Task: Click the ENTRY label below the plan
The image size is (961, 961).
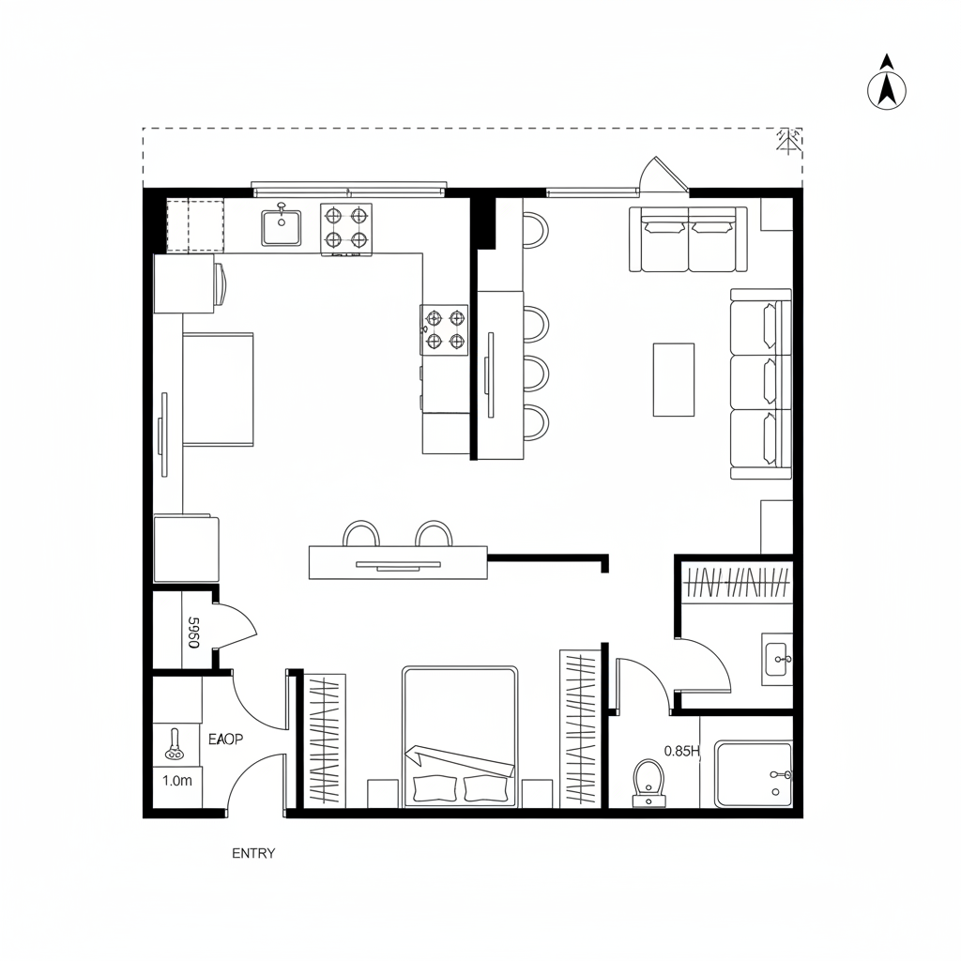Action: (x=253, y=853)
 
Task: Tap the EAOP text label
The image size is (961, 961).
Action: (x=225, y=740)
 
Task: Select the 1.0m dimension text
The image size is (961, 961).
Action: (x=176, y=780)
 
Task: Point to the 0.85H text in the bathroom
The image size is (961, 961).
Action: (x=682, y=751)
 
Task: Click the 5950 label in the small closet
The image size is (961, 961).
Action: (x=193, y=632)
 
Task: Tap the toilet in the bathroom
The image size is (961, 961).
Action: (x=648, y=782)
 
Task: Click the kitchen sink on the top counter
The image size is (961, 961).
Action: (x=281, y=227)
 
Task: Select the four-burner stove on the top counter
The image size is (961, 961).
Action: (x=345, y=227)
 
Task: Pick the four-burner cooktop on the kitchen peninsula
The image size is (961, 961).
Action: (x=444, y=329)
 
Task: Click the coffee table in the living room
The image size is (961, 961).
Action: (x=674, y=379)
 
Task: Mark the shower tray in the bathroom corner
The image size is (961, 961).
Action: (x=754, y=774)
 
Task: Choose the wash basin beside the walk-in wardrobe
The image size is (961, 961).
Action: (x=777, y=658)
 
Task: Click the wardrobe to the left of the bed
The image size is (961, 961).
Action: (x=322, y=740)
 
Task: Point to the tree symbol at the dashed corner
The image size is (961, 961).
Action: (x=787, y=141)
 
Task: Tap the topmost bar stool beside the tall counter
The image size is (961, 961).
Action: (x=533, y=230)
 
